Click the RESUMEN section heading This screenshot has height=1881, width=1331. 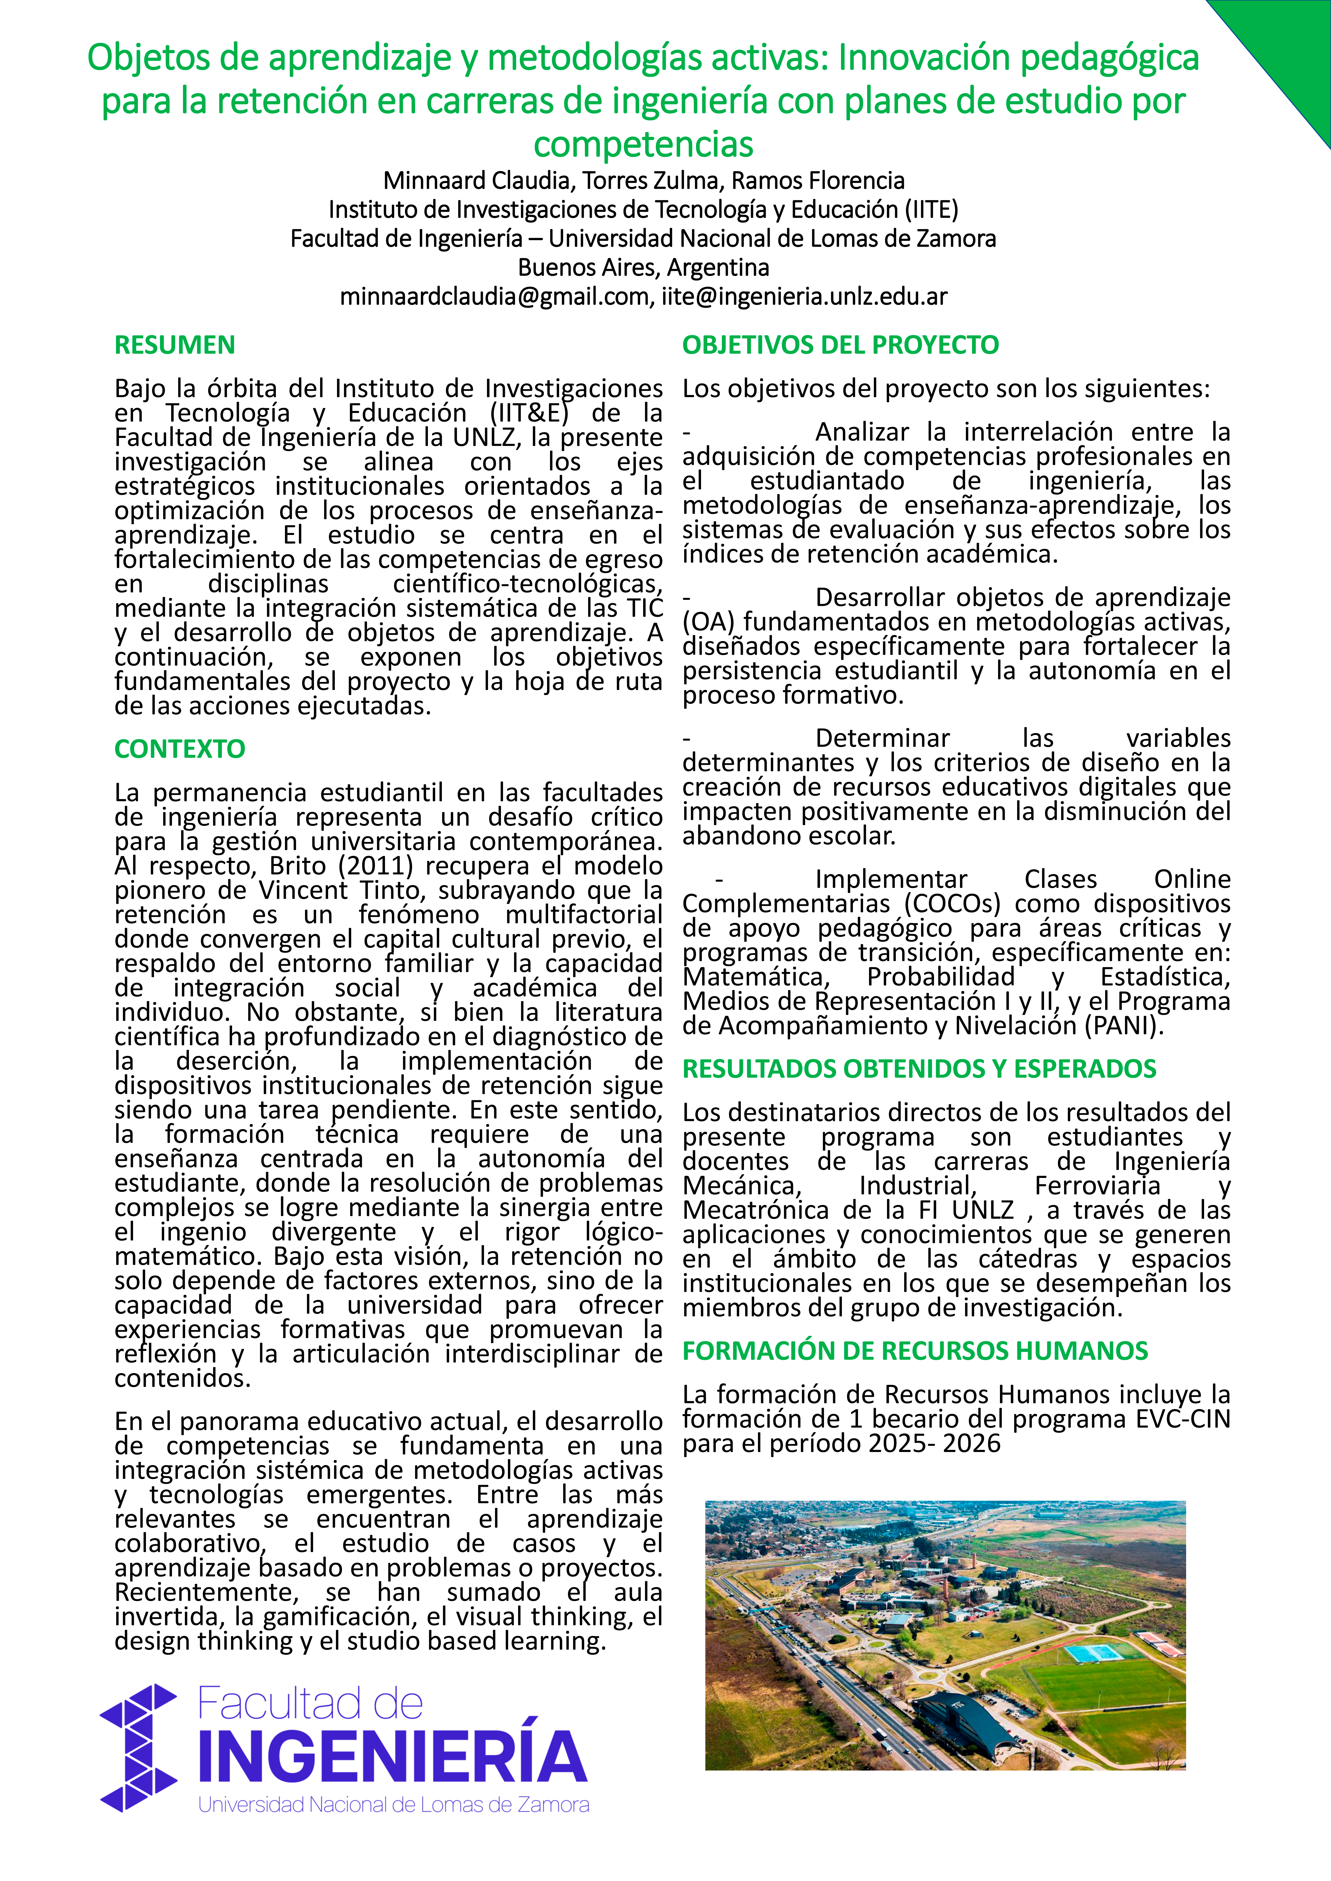point(175,345)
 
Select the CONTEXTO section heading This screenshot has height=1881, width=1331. point(179,749)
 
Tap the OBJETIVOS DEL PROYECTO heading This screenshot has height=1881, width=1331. point(840,345)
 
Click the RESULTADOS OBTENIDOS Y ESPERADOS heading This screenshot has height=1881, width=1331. point(919,1068)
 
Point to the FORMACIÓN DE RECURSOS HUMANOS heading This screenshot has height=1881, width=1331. point(915,1350)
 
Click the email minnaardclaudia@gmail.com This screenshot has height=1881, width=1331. point(494,297)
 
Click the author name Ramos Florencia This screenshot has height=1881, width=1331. point(818,180)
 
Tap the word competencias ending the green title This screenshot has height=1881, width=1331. point(643,144)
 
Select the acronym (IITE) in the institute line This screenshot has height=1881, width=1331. point(931,210)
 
